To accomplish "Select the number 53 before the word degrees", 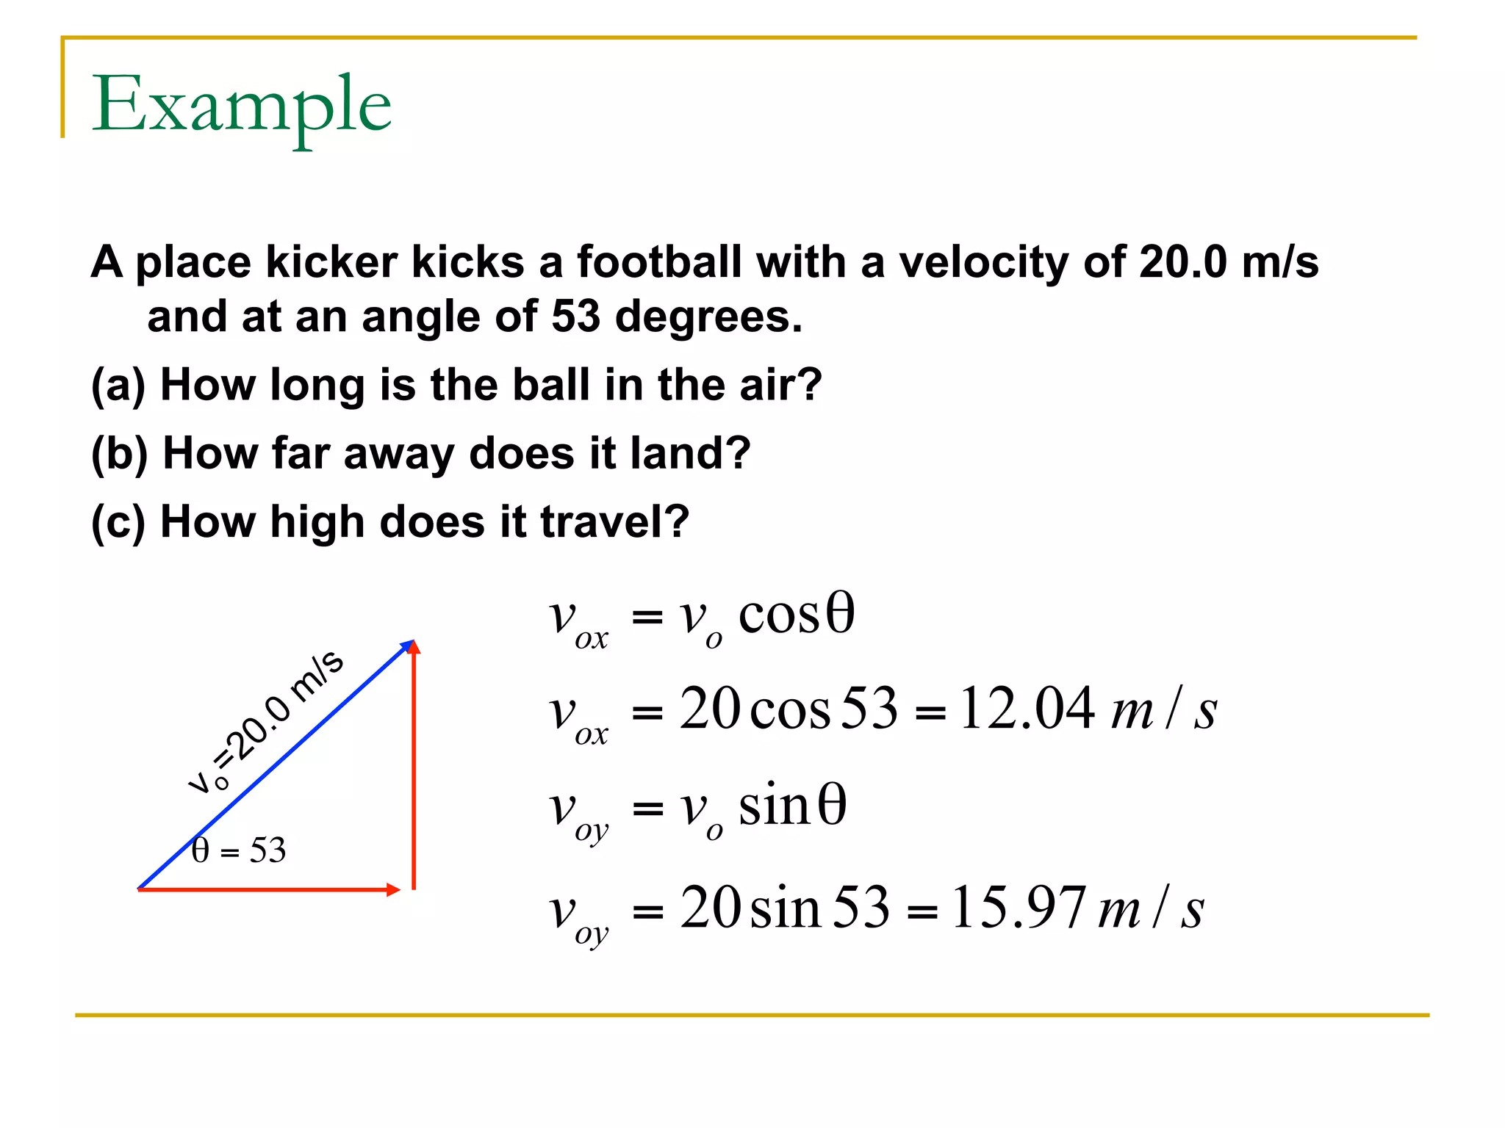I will coord(575,317).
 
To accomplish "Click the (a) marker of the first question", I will coord(118,385).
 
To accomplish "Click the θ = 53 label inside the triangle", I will coord(239,850).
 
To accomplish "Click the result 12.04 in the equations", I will coord(1027,709).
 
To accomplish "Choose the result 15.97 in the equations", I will coord(1019,908).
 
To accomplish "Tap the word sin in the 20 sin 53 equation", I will coord(785,909).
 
